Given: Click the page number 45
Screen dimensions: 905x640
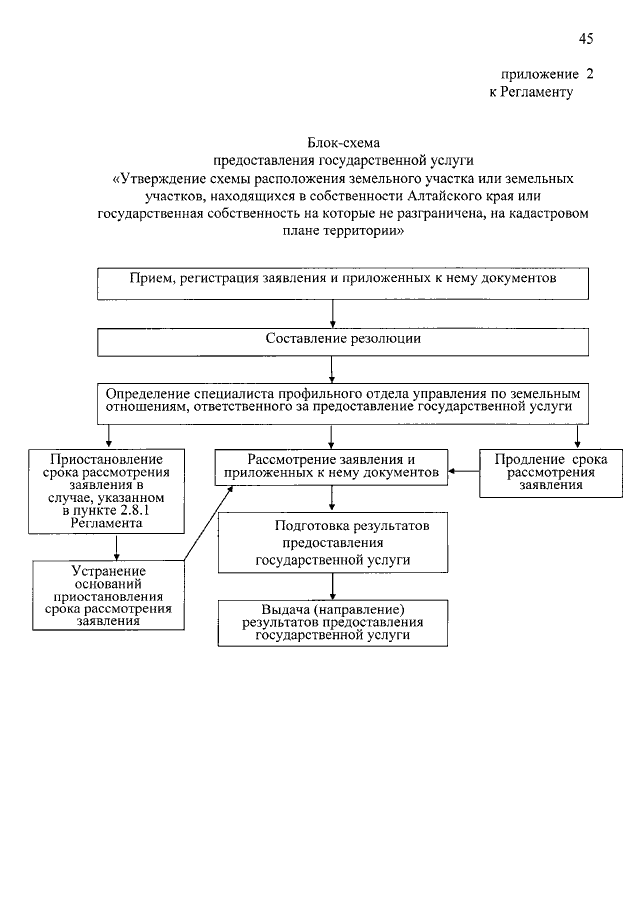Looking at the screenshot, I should click(x=585, y=39).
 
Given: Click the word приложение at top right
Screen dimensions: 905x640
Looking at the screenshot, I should click(x=540, y=74).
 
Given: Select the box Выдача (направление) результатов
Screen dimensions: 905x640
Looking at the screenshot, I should click(x=333, y=622).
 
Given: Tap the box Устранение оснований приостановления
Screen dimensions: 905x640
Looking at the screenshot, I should click(x=109, y=593).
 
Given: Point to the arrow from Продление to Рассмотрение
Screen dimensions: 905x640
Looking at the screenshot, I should click(x=463, y=470).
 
